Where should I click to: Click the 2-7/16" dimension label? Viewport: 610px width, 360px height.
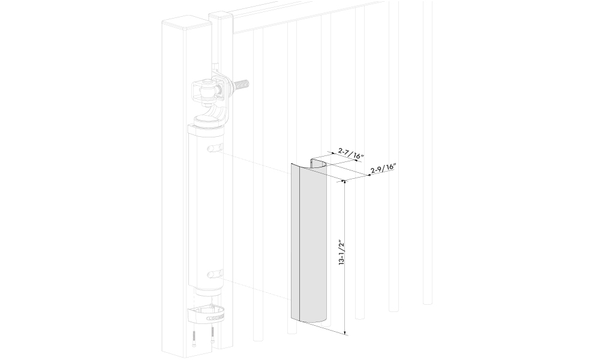(x=351, y=153)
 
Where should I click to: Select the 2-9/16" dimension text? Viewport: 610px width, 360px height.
(x=383, y=169)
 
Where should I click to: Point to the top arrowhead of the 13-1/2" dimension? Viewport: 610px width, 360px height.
(x=344, y=182)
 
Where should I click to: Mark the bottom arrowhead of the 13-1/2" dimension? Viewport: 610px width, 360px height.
(x=345, y=332)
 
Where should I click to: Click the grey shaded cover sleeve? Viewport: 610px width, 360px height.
(x=309, y=241)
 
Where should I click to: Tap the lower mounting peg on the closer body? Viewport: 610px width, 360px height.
(x=215, y=274)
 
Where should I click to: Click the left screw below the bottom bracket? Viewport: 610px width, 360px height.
(x=194, y=336)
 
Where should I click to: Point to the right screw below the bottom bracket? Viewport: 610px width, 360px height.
(x=212, y=335)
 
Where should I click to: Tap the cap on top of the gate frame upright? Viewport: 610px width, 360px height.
(x=221, y=16)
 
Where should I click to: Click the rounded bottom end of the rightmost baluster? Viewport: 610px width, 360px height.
(x=428, y=301)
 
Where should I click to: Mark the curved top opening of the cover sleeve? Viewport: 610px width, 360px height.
(x=319, y=164)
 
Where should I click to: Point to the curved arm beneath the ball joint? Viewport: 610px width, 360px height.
(x=219, y=110)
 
